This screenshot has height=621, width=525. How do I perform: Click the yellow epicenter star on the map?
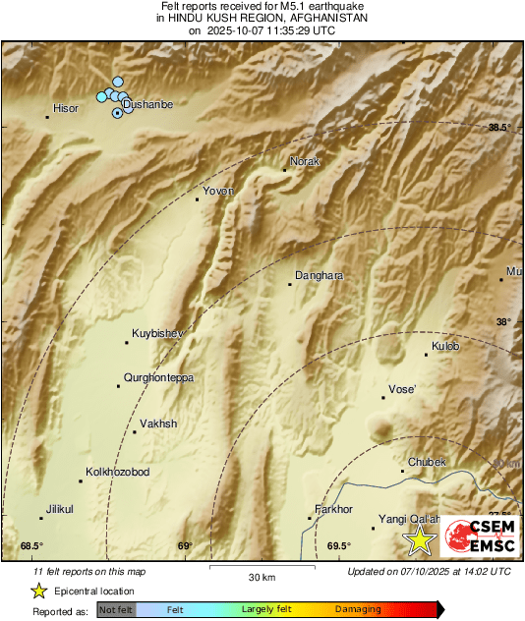pos(421,539)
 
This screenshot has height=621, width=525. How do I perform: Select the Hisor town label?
pos(65,108)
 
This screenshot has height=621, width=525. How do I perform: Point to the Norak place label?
pos(306,162)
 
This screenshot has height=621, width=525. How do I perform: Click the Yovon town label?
pos(217,191)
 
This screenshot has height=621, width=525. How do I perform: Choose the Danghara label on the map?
pos(320,276)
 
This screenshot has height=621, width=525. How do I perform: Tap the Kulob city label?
pos(445,346)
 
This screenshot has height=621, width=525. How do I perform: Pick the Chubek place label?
pos(428,462)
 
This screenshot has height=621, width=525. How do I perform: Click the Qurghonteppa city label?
pos(158,377)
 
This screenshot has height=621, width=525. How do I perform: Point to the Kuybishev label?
pos(158,334)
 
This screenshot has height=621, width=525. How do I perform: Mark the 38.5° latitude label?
pos(500,128)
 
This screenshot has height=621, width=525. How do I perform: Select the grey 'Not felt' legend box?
pos(116,610)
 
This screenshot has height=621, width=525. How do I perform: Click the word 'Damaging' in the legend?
pos(358,610)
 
